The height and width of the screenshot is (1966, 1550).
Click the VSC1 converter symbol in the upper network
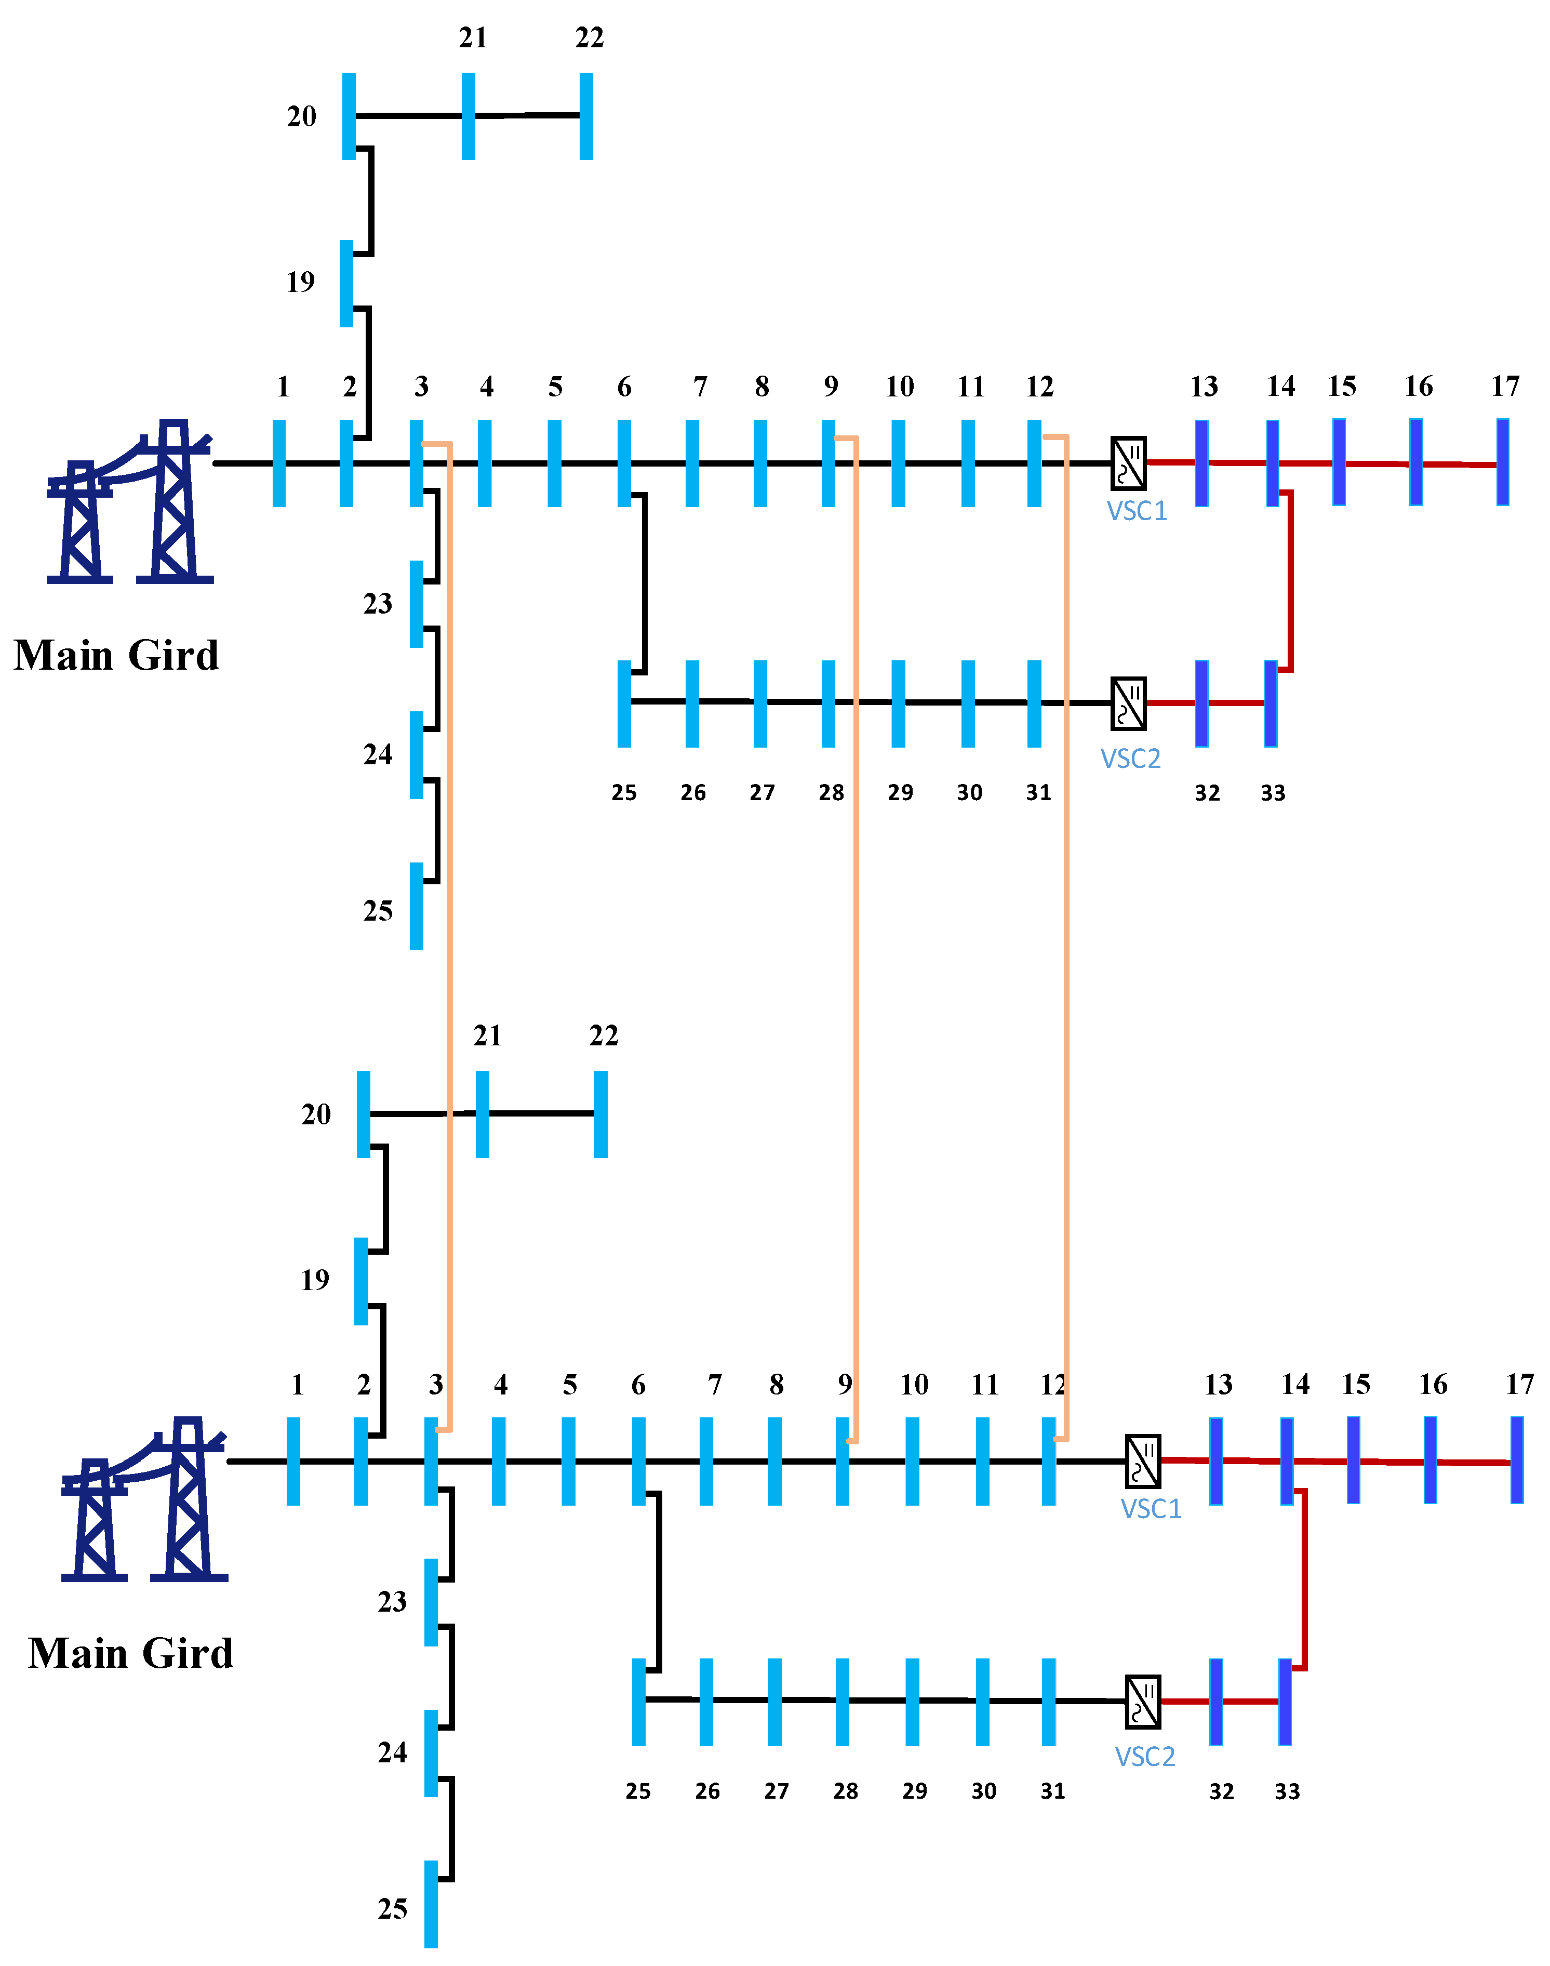(1128, 463)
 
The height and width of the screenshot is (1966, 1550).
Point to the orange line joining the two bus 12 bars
(1065, 908)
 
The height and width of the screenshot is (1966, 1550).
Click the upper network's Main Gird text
(116, 655)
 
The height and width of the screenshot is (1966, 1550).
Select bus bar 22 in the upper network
(586, 116)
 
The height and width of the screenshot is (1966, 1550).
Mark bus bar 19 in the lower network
(361, 1281)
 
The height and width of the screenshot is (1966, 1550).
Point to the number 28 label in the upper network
(831, 792)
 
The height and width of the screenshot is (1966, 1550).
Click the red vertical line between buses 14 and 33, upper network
(1290, 581)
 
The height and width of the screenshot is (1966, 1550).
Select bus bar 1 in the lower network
(293, 1462)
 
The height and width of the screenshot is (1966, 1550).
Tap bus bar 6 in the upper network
(624, 463)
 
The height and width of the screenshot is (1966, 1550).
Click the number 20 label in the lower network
(316, 1114)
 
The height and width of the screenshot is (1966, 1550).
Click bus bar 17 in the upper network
(1503, 463)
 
